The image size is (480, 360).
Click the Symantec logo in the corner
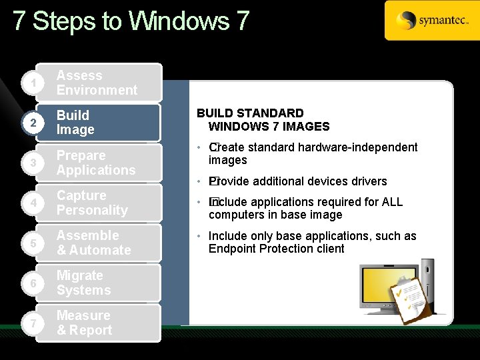(431, 21)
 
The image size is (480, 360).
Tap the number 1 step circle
(24, 83)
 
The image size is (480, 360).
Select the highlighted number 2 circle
(24, 123)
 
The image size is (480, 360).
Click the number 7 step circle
(24, 323)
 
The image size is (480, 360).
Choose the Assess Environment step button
(97, 83)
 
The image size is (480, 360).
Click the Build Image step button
(97, 123)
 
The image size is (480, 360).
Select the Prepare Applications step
(97, 163)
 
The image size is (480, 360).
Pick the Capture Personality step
(97, 203)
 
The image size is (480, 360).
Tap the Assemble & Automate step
(97, 243)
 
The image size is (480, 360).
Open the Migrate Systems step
(97, 283)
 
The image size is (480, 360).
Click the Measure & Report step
(97, 323)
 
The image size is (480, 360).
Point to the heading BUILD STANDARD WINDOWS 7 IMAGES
(263, 120)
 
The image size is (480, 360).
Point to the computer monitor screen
(383, 287)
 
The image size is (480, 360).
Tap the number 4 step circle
(24, 203)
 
